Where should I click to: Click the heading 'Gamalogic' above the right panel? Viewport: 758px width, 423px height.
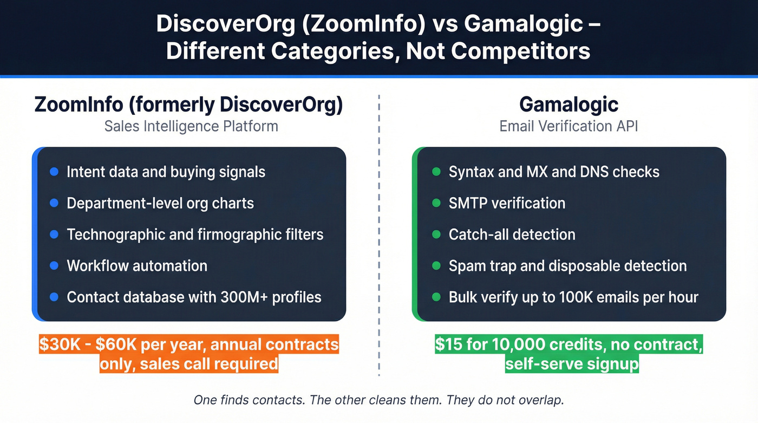(x=568, y=104)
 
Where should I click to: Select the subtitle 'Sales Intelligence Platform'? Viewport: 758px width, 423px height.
(x=191, y=126)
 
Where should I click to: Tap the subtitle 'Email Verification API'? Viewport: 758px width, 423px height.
(x=568, y=126)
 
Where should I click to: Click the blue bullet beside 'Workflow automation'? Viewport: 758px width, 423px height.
(x=54, y=266)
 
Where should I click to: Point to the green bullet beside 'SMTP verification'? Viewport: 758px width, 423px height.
(x=436, y=203)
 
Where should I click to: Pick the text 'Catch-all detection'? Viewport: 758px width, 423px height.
(x=512, y=235)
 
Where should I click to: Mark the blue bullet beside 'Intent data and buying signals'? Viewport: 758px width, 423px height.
(x=54, y=172)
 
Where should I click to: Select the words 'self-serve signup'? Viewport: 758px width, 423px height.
(x=572, y=363)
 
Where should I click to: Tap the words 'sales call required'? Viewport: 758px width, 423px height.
(x=208, y=363)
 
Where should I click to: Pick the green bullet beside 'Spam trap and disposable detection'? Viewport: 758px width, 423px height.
(x=436, y=266)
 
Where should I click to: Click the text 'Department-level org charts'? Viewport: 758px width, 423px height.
(x=160, y=203)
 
